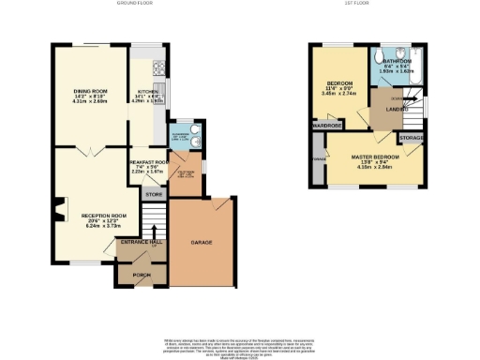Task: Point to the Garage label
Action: [201, 242]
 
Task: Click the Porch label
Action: [141, 275]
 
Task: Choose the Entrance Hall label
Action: [141, 242]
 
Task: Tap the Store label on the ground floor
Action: [153, 194]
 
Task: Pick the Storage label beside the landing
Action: [412, 138]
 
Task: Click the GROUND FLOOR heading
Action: [135, 4]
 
